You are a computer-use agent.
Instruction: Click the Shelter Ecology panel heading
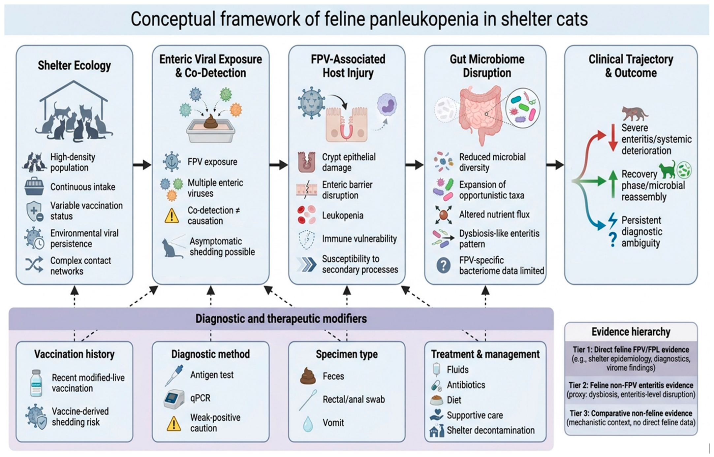[x=74, y=65]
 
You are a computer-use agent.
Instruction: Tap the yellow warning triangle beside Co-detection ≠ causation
[x=171, y=216]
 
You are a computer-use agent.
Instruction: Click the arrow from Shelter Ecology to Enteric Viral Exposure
[x=142, y=164]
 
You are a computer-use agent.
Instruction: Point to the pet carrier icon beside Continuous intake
[x=34, y=187]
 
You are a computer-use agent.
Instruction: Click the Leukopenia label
[x=343, y=215]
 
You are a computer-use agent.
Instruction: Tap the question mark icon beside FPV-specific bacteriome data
[x=443, y=265]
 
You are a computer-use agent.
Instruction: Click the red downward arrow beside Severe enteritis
[x=613, y=138]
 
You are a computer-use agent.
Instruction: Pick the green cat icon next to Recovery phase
[x=667, y=170]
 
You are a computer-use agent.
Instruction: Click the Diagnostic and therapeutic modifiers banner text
[x=281, y=319]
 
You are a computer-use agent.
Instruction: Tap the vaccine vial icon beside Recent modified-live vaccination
[x=36, y=383]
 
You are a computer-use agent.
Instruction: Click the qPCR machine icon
[x=174, y=399]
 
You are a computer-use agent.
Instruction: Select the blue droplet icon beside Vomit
[x=308, y=424]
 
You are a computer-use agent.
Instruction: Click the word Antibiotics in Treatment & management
[x=466, y=385]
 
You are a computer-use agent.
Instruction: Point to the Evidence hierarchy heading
[x=631, y=332]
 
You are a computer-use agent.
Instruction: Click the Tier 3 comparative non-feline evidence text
[x=631, y=418]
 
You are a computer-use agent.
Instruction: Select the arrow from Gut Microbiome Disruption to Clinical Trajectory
[x=555, y=164]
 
